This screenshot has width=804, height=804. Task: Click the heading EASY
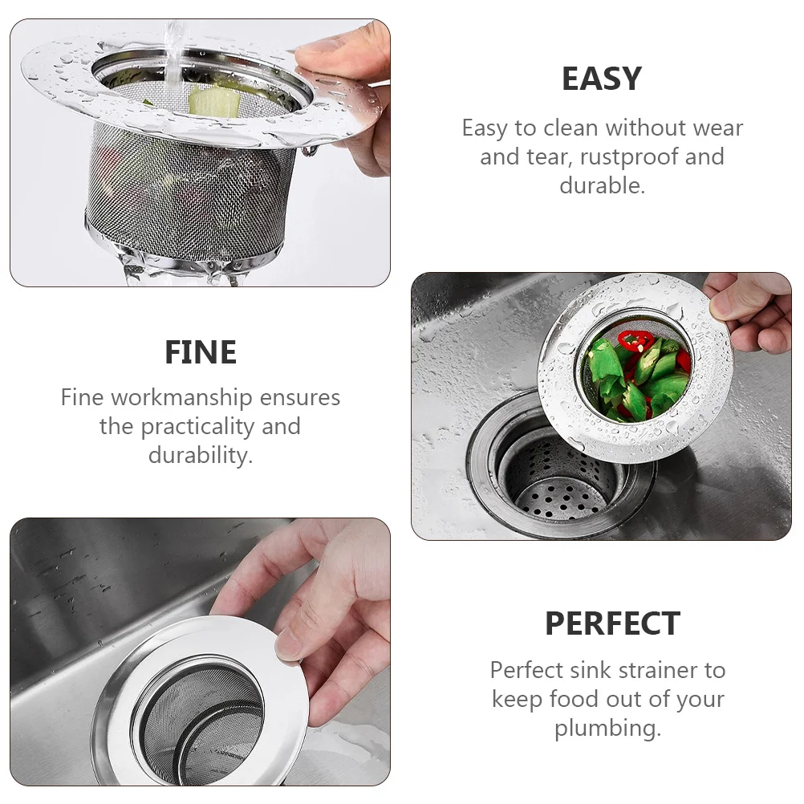click(601, 79)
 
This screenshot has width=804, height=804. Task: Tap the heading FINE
click(201, 352)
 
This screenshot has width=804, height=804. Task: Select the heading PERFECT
click(612, 623)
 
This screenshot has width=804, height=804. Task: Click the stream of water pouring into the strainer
click(173, 48)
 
